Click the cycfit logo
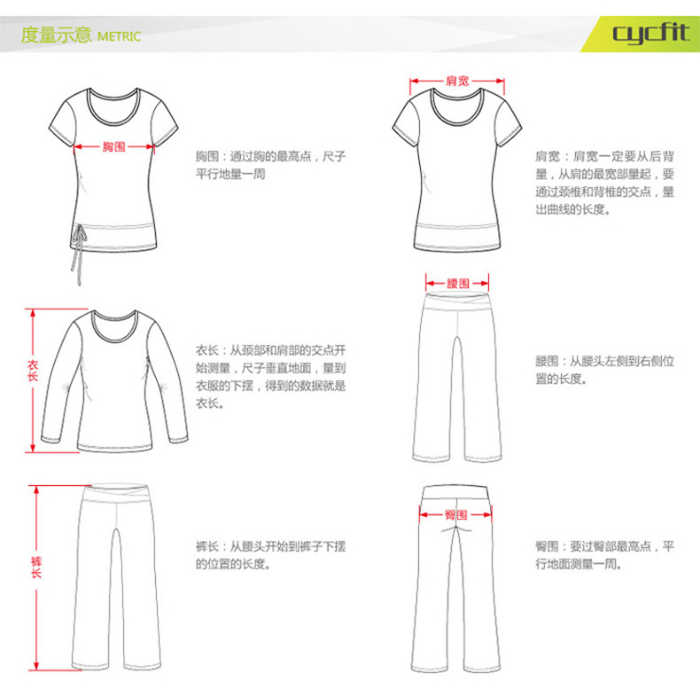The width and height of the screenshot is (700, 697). point(651,33)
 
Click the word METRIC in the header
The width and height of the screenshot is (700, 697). point(119,36)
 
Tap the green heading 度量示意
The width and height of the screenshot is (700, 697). point(56,35)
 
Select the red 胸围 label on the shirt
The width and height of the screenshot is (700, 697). point(113,146)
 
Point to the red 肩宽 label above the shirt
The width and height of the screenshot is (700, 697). point(457,81)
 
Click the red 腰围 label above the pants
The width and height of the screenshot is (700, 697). point(457,283)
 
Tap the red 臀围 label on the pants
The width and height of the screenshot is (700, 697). point(455,514)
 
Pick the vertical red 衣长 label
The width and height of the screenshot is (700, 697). point(33,371)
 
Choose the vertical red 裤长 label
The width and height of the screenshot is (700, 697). point(36,568)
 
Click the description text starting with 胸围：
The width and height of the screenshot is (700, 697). point(270,165)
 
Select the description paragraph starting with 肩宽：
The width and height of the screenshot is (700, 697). point(604,183)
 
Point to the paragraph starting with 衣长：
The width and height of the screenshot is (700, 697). point(270,377)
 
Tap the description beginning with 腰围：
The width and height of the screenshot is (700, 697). point(604,370)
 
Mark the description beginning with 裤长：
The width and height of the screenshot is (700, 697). point(270,555)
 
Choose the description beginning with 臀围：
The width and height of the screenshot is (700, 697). point(604,555)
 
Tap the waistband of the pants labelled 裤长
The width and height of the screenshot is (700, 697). point(115,494)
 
